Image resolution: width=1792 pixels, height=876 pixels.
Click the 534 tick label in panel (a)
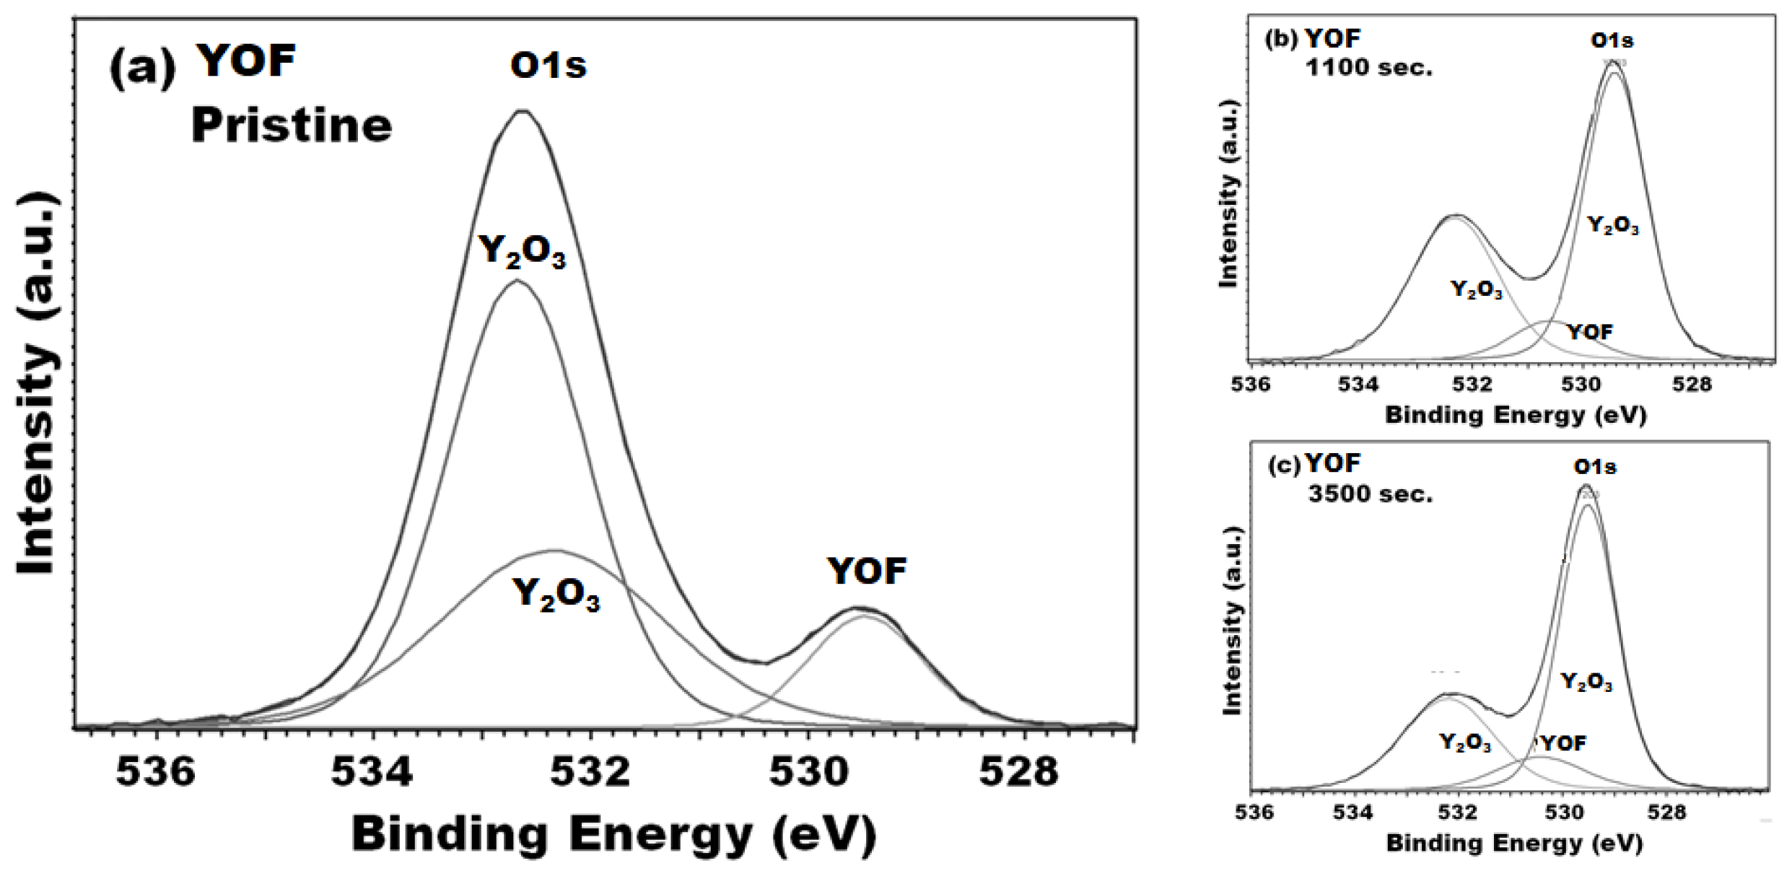coord(372,771)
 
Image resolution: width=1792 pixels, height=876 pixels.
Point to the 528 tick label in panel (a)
coord(1018,771)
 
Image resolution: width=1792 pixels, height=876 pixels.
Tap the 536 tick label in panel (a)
coord(155,771)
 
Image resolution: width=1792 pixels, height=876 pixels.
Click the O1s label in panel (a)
coord(548,66)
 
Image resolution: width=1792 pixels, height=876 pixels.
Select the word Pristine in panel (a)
coord(292,125)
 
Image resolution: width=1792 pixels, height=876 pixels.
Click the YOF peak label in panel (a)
coord(866,571)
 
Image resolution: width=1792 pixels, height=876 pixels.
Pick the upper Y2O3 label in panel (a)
coord(522,252)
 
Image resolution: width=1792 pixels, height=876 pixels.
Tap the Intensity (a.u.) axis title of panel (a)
coord(36,382)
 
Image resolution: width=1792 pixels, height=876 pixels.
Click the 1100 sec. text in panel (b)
coord(1368,68)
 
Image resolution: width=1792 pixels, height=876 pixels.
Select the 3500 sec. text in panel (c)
coord(1370,494)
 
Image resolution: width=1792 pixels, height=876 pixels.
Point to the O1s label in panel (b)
coord(1612,40)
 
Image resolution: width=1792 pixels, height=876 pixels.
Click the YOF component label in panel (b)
coord(1590,332)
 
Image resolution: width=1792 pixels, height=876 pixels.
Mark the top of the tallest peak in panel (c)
coord(1586,486)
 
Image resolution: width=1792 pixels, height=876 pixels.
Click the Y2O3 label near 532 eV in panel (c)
coord(1465,742)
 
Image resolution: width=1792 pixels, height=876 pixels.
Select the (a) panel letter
coord(142,69)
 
